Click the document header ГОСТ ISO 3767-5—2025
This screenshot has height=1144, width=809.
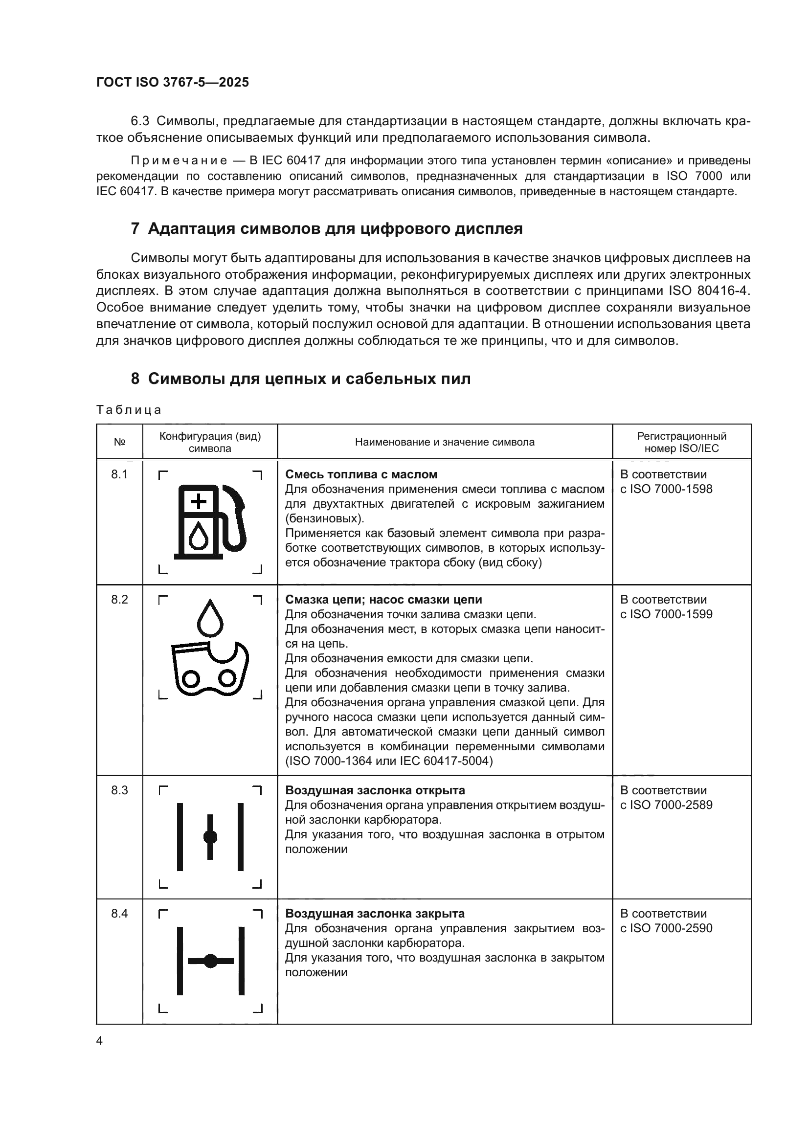tap(172, 83)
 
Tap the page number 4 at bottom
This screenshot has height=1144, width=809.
tap(99, 1041)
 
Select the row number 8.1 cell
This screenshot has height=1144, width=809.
tap(119, 475)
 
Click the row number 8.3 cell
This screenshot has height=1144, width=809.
tap(119, 791)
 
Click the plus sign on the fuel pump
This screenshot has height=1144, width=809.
tap(199, 501)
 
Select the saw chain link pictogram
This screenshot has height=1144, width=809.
tap(210, 668)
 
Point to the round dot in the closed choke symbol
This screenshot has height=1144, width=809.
tap(211, 961)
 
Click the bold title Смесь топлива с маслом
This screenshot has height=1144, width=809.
tap(361, 475)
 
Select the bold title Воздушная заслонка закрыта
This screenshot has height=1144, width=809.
tap(375, 914)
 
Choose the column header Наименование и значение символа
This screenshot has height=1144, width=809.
tap(444, 443)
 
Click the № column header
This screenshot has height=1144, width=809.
tap(119, 443)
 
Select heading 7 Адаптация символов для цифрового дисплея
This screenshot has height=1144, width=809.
tap(327, 229)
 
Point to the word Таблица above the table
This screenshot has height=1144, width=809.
tap(129, 410)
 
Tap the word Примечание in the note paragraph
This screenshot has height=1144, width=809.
tap(179, 161)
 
